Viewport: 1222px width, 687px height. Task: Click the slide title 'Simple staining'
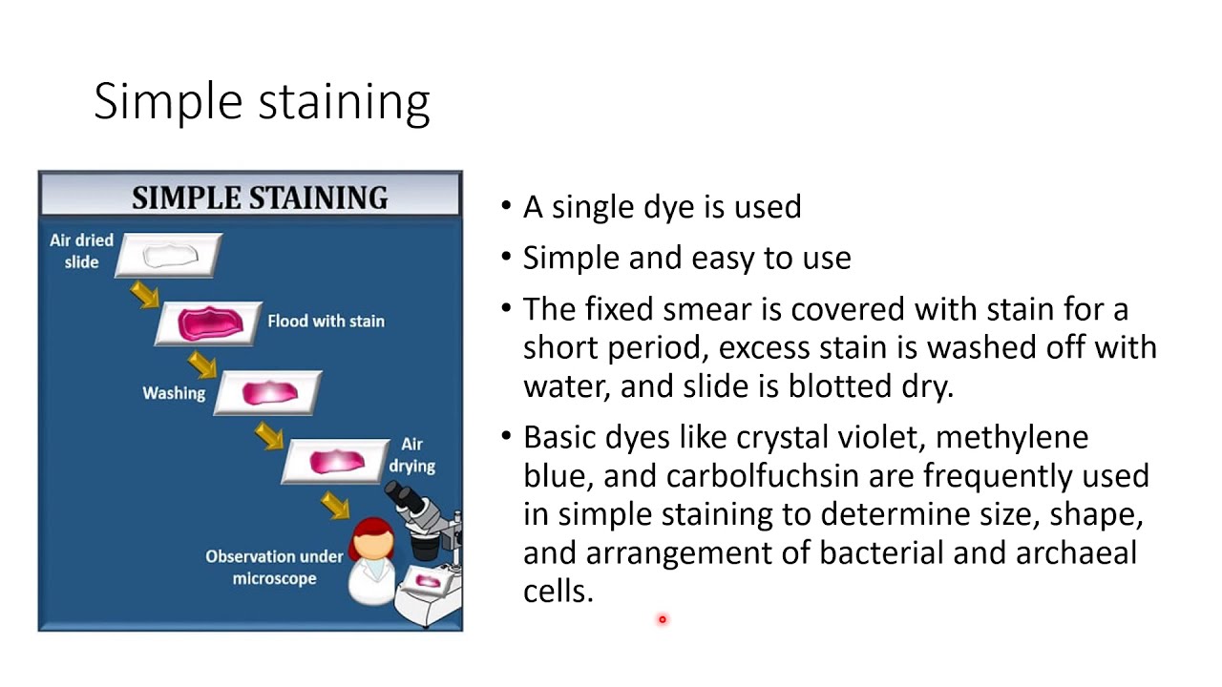click(262, 101)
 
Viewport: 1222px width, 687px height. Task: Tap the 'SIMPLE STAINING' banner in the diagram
click(260, 198)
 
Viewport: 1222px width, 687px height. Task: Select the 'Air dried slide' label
click(81, 251)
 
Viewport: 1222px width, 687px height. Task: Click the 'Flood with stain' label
click(326, 321)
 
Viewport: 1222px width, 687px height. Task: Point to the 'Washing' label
click(174, 392)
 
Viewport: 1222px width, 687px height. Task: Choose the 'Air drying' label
click(411, 455)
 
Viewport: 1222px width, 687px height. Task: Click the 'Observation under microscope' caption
click(274, 567)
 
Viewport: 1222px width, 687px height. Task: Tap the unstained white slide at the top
click(169, 256)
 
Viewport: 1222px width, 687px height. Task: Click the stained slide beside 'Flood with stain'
click(209, 324)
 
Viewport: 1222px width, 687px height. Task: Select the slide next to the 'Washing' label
click(267, 392)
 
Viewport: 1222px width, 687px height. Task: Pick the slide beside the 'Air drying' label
click(335, 462)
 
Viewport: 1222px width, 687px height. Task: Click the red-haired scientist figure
click(371, 563)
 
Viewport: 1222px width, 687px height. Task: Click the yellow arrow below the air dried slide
click(144, 294)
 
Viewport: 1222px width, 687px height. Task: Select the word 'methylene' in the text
click(1011, 437)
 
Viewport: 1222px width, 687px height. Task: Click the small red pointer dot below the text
click(662, 619)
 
